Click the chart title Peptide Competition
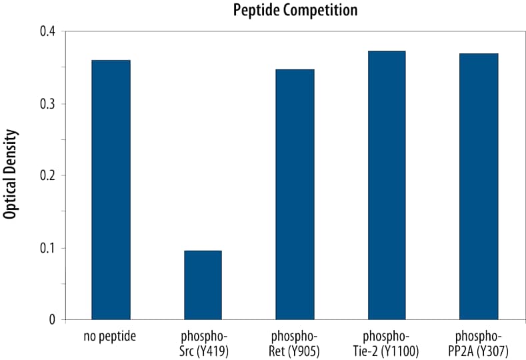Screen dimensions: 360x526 (x=295, y=11)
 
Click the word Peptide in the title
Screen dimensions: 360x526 (x=256, y=11)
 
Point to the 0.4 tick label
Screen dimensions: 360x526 (x=47, y=31)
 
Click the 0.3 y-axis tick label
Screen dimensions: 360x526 (x=47, y=103)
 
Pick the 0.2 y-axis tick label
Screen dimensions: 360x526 (x=47, y=175)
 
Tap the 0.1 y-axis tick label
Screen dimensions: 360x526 (x=47, y=248)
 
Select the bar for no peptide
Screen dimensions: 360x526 (x=111, y=190)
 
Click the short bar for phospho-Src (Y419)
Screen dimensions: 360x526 (x=203, y=285)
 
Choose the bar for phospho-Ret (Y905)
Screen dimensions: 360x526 (x=295, y=195)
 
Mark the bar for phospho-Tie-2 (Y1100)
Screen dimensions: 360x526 (x=387, y=185)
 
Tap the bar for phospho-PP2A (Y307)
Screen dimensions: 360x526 (x=479, y=187)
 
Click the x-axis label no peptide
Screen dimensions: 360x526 (x=111, y=336)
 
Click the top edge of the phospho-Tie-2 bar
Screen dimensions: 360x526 (x=387, y=51)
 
